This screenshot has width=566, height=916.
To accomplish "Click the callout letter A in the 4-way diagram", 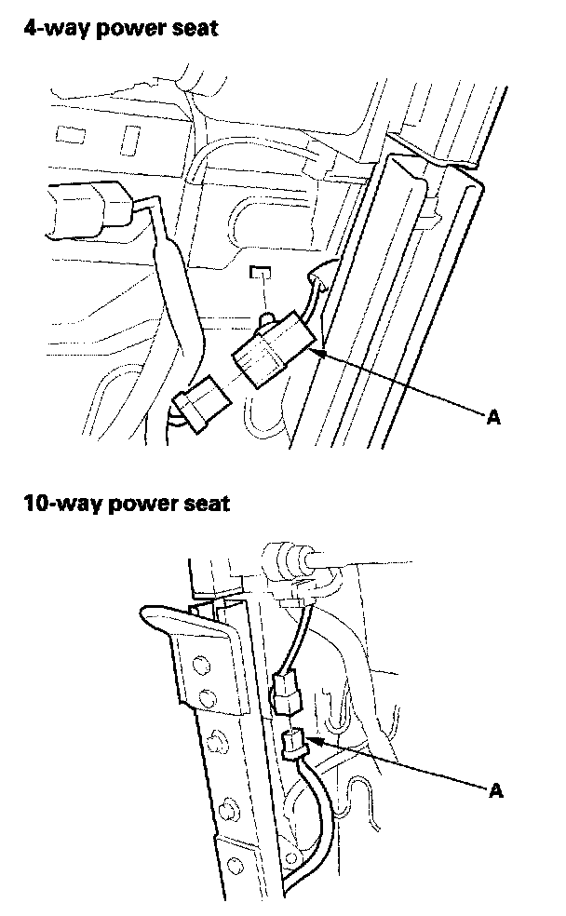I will [x=494, y=418].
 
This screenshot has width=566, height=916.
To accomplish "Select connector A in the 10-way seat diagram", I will [x=293, y=744].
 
